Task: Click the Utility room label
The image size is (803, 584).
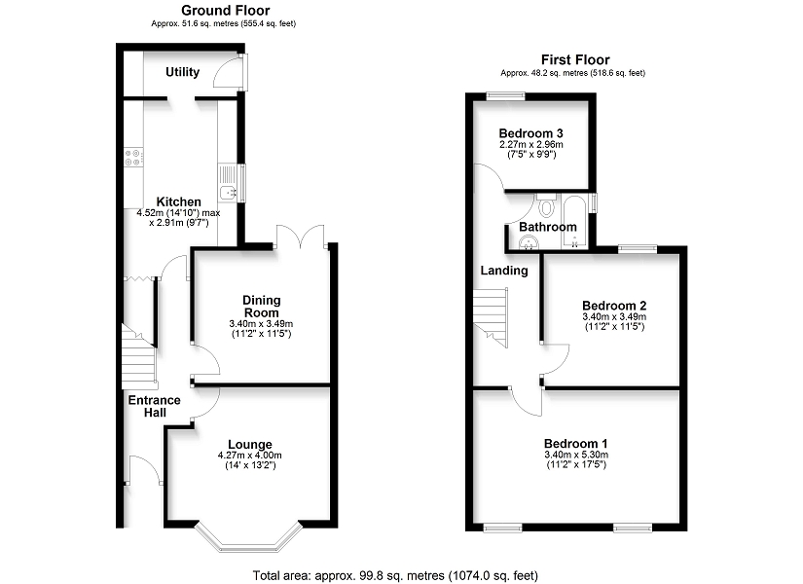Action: coord(182,72)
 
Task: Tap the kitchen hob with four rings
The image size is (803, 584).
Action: coord(133,157)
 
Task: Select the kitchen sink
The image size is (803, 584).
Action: coord(228,182)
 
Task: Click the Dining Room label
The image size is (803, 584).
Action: coord(261,307)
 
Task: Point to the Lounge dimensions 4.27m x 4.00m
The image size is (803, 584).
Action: coord(250,456)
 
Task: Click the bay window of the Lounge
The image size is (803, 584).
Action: coord(249,538)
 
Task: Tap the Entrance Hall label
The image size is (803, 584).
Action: coord(154,406)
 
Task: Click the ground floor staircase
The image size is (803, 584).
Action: coord(139,356)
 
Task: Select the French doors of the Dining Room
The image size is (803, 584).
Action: coord(301,237)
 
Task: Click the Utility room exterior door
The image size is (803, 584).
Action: coord(231,74)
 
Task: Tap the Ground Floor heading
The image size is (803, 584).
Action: coord(226,11)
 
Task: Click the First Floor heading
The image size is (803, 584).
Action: coord(575,60)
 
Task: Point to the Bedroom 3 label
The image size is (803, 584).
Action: coord(531,133)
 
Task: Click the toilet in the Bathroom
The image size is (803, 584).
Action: coord(547,205)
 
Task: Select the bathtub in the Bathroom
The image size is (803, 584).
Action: coord(575,221)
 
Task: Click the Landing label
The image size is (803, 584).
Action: coord(504,271)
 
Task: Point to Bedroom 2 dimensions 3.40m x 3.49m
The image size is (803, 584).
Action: coord(614,317)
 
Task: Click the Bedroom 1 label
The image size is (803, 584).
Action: coord(575,444)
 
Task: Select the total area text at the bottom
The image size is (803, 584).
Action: coord(395,576)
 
